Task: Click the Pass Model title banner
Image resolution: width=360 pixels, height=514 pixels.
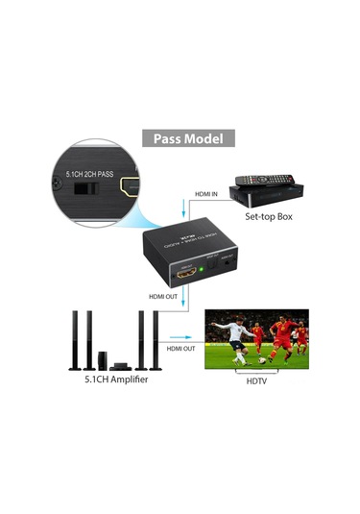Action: [x=188, y=138]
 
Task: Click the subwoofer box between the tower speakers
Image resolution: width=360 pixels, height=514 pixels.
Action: [x=101, y=360]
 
